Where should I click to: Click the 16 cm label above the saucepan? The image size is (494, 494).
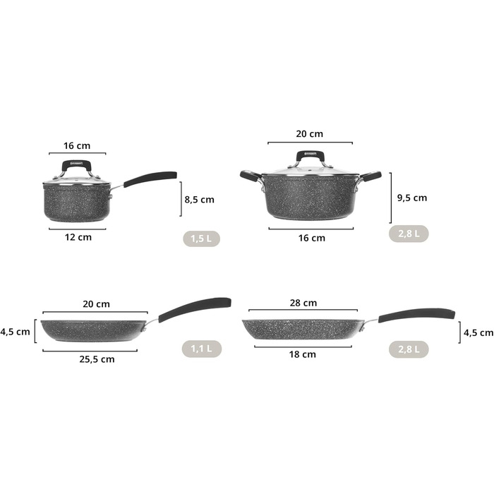[77, 146]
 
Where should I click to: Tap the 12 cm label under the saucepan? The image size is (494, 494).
[78, 237]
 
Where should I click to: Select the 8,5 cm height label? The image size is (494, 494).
[200, 200]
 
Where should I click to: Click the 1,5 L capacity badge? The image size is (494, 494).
[201, 239]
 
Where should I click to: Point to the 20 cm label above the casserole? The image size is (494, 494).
[309, 134]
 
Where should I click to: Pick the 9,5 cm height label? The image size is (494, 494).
[412, 198]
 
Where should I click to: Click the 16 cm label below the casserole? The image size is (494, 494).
[312, 238]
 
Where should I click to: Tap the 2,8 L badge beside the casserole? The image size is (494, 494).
[409, 234]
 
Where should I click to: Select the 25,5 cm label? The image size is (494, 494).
[97, 359]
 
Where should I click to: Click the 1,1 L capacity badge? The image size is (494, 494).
[202, 349]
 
